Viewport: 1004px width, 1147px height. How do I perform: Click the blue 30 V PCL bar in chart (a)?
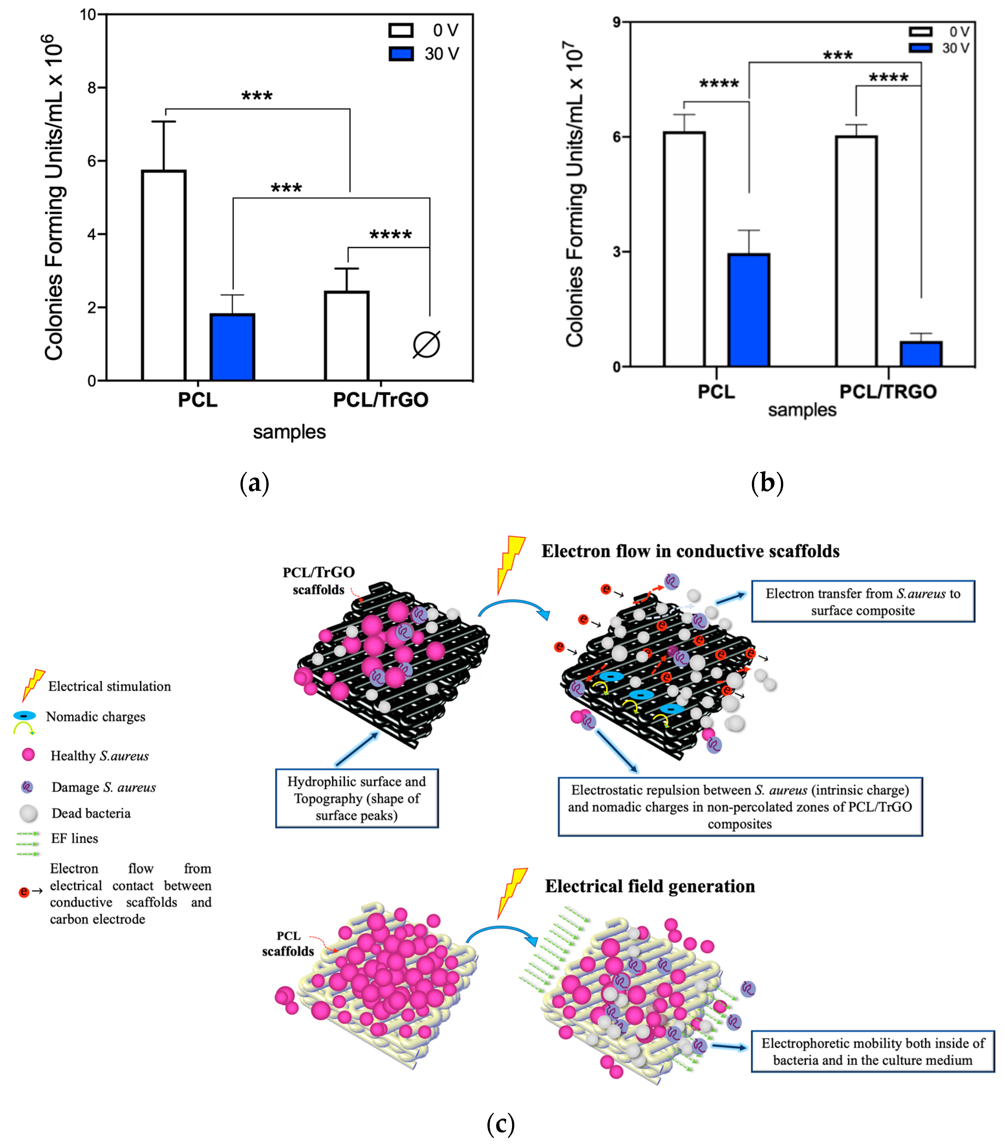tap(232, 347)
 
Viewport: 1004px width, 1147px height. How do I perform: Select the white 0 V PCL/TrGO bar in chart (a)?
tap(347, 336)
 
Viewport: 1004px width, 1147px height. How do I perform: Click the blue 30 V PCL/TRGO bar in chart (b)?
tap(921, 354)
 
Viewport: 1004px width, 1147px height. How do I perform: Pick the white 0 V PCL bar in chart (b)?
tap(684, 249)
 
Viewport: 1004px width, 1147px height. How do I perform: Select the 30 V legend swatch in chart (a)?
tap(401, 54)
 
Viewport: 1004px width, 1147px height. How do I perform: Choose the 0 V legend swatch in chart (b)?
tap(921, 32)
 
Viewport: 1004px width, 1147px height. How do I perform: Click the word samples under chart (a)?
tap(289, 432)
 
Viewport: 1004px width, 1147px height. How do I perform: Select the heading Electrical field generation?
tap(650, 886)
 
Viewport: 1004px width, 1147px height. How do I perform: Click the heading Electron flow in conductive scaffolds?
tap(690, 551)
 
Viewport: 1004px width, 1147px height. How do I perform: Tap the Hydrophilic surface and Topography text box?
tap(357, 798)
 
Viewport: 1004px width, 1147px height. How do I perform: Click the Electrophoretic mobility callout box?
tap(872, 1051)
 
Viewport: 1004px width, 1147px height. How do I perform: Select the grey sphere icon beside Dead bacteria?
tap(28, 813)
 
